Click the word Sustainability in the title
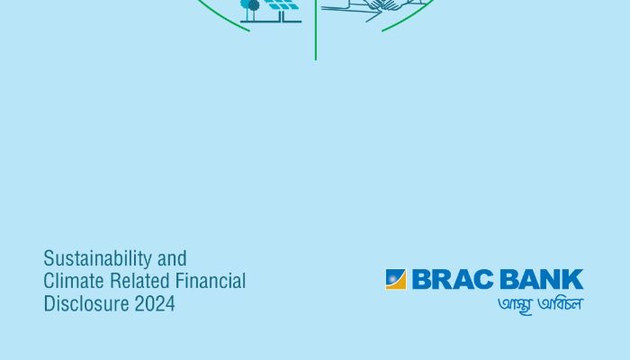(97, 259)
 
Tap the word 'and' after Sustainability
(172, 258)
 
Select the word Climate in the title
(74, 281)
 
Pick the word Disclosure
(86, 304)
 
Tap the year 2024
(155, 304)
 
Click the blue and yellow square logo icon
(396, 279)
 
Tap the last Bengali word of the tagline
(560, 303)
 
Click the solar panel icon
(283, 4)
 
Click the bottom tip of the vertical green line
(316, 60)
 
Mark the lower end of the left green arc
(249, 31)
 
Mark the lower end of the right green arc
(382, 31)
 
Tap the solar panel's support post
(283, 15)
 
